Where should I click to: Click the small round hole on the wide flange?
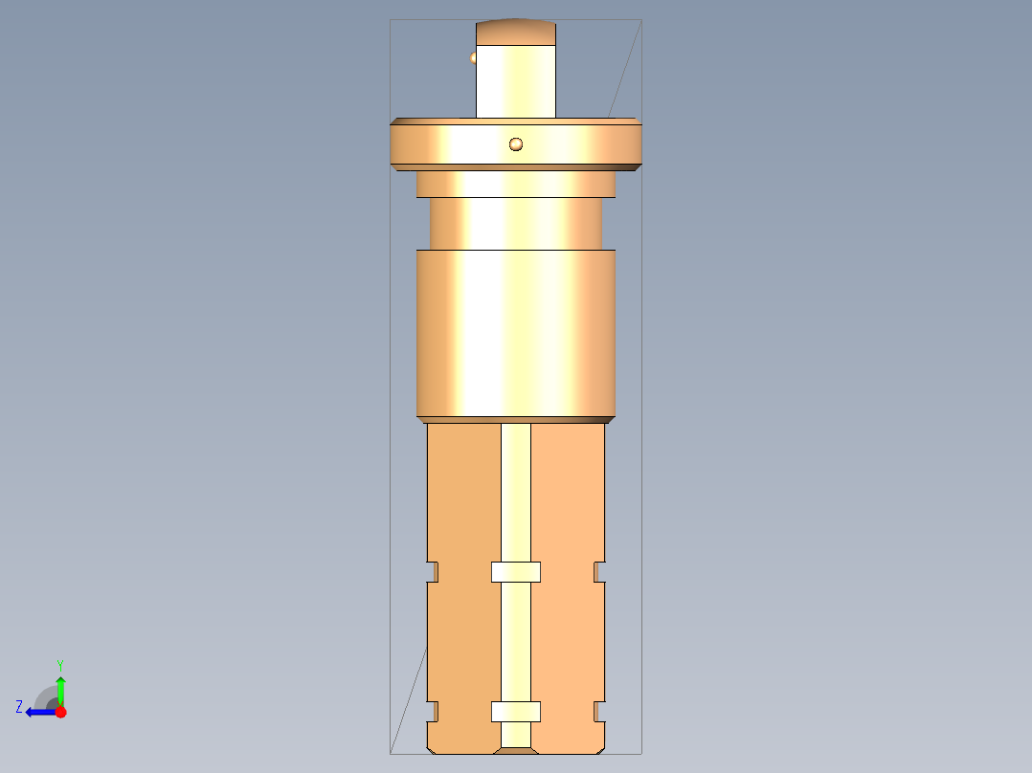(516, 144)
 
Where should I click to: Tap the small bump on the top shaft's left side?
(473, 58)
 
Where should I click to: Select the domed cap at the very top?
(516, 33)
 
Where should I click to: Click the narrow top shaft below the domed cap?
(516, 81)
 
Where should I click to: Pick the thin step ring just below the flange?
(516, 185)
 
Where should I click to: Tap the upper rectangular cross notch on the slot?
(516, 572)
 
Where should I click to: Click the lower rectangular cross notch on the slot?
(516, 712)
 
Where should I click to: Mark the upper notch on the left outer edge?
(432, 572)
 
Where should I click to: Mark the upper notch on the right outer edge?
(599, 572)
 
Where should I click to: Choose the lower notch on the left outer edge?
(432, 712)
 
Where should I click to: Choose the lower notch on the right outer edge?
(599, 712)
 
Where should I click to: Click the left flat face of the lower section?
(463, 497)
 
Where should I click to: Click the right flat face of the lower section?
(568, 497)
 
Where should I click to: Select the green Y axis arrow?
(60, 688)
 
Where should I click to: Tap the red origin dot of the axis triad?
(60, 712)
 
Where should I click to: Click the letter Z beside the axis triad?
(19, 707)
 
